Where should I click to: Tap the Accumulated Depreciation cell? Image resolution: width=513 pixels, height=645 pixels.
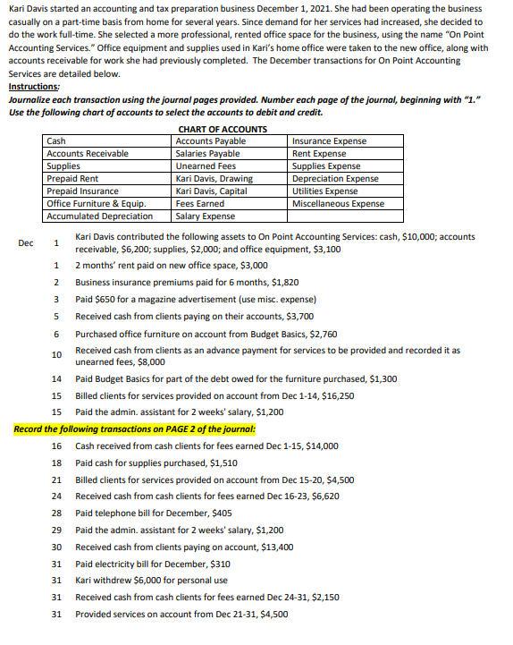(99, 216)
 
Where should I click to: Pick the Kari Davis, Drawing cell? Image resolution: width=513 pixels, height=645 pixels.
(214, 178)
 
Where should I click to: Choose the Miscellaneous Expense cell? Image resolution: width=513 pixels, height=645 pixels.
(339, 203)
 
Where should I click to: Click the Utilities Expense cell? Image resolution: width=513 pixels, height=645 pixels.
(325, 191)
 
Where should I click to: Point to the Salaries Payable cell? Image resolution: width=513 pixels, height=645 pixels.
(208, 153)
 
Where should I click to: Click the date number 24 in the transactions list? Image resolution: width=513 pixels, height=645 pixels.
(56, 495)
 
